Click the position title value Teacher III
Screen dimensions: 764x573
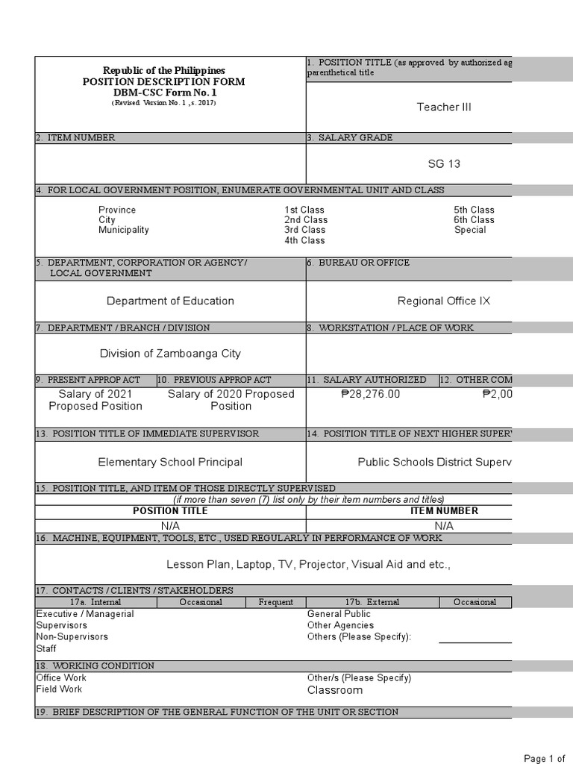[444, 107]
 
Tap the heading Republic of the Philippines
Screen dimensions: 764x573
[163, 70]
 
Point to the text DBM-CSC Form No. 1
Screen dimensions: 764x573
[163, 93]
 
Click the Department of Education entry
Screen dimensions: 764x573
[170, 301]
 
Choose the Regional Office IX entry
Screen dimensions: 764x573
[444, 301]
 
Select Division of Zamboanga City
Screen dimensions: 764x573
[170, 354]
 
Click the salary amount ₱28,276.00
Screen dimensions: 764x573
[370, 395]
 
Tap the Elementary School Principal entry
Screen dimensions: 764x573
[170, 463]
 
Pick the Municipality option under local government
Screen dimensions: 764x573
[124, 231]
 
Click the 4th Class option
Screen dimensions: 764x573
[304, 241]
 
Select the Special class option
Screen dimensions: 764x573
[470, 231]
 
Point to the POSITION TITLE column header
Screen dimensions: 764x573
[170, 511]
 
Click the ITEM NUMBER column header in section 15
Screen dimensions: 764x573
[444, 511]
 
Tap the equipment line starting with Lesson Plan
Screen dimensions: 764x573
[308, 565]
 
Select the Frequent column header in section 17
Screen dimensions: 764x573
[276, 602]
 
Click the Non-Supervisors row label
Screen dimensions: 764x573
[72, 637]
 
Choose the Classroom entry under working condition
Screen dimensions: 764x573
[335, 691]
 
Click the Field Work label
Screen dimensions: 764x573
[59, 689]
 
